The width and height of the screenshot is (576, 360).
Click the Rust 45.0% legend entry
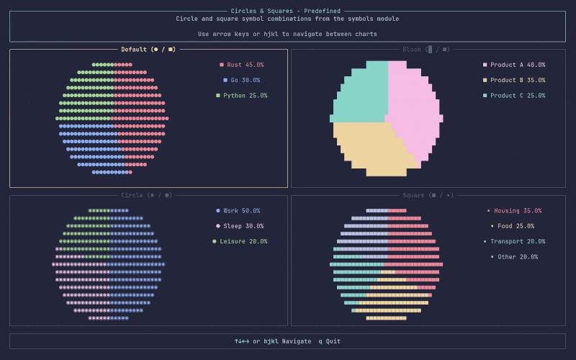[x=243, y=65]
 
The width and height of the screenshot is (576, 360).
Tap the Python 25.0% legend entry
[x=242, y=96]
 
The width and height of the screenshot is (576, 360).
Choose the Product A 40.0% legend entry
[x=514, y=65]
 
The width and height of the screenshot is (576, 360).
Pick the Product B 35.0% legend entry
[x=514, y=80]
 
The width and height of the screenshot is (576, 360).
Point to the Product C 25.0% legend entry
[x=514, y=96]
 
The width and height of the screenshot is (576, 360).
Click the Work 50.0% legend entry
[x=238, y=211]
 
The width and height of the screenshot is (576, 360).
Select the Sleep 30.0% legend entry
[x=240, y=226]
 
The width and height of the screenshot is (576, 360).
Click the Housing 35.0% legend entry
[x=514, y=211]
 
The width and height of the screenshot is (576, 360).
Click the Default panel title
[x=148, y=50]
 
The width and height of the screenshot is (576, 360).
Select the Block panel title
[x=426, y=50]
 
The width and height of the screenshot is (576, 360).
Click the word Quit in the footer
[x=333, y=341]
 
